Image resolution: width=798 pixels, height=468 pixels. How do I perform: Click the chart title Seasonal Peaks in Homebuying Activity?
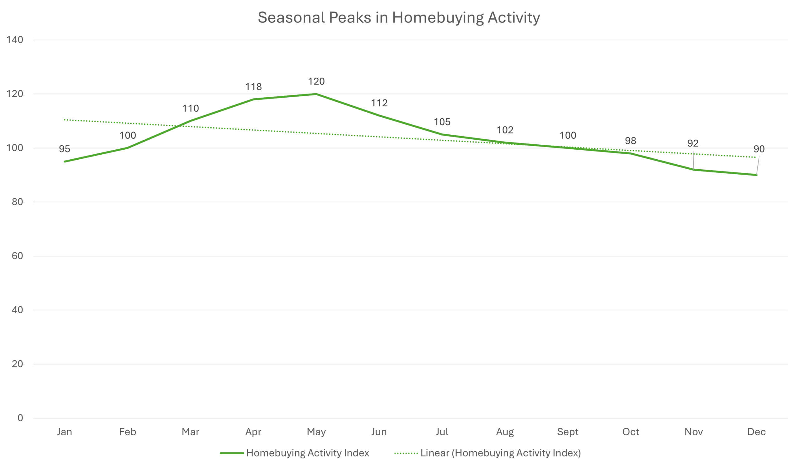tap(399, 18)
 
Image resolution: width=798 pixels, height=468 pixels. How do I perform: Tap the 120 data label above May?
tap(316, 82)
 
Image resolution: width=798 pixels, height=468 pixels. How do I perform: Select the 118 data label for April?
tap(253, 87)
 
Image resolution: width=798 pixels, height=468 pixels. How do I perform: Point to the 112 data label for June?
tap(379, 103)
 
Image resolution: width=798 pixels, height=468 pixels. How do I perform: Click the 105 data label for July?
tap(442, 122)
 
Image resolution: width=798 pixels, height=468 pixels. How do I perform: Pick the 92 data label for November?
tap(693, 143)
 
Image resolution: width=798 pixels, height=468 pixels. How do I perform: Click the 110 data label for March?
tap(190, 109)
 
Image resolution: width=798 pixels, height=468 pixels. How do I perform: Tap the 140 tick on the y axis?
tap(15, 40)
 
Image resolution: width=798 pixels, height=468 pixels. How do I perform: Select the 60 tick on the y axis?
tap(17, 256)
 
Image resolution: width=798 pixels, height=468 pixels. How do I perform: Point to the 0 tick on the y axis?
tap(20, 418)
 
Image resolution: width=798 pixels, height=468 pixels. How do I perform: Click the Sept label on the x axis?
tap(567, 432)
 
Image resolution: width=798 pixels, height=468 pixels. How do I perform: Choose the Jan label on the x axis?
tap(65, 432)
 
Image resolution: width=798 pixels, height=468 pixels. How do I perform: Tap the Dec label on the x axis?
tap(756, 432)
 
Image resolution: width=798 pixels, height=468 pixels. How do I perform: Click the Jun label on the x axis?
tap(379, 432)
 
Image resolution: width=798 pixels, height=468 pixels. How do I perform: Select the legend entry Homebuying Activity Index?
tap(307, 453)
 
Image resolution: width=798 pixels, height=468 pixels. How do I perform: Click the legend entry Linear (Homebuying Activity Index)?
tap(500, 453)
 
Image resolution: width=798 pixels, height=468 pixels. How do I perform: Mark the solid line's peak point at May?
tap(316, 94)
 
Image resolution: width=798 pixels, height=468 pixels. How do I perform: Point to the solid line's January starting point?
tap(65, 162)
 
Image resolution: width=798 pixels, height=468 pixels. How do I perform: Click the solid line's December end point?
tap(756, 175)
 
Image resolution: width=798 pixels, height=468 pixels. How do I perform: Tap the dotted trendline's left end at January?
tap(65, 120)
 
